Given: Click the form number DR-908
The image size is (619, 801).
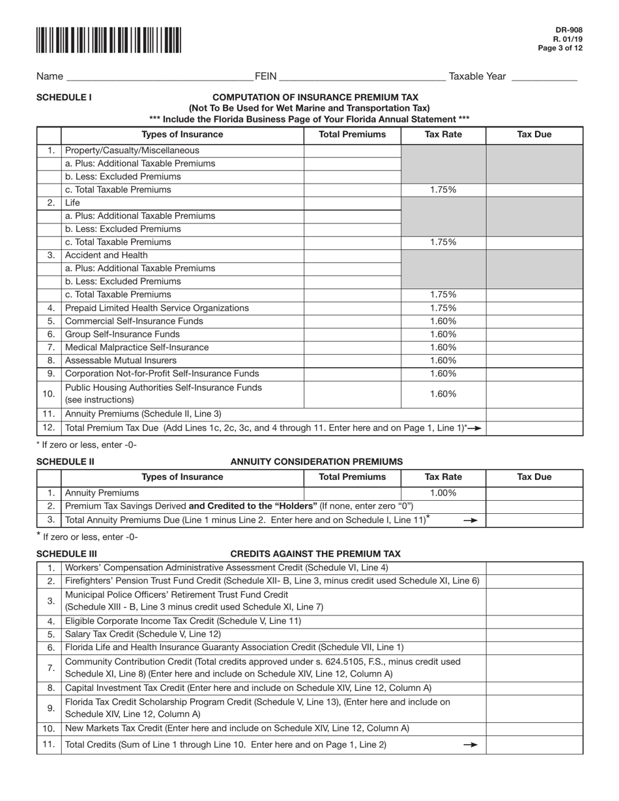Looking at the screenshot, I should coord(570,30).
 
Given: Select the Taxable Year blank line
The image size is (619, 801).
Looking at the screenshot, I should coord(544,77).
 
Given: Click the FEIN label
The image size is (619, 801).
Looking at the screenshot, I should coord(266,77).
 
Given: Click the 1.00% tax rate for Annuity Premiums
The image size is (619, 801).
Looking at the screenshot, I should coord(443,493).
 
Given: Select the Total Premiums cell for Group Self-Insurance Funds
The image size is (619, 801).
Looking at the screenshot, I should coord(352,334).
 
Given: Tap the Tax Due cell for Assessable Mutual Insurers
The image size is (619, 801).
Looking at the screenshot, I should coord(534,360).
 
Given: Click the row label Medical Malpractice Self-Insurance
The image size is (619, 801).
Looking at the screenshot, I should coord(137,347).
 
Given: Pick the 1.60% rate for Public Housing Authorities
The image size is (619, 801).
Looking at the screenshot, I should coord(443,394).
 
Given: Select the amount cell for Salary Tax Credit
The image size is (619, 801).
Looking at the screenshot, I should coord(534,634).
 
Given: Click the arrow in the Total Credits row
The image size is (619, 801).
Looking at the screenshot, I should coord(470,745).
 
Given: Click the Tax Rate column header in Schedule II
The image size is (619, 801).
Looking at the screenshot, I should coord(443,477).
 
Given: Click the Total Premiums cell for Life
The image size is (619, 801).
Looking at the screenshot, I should coord(352,203).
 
